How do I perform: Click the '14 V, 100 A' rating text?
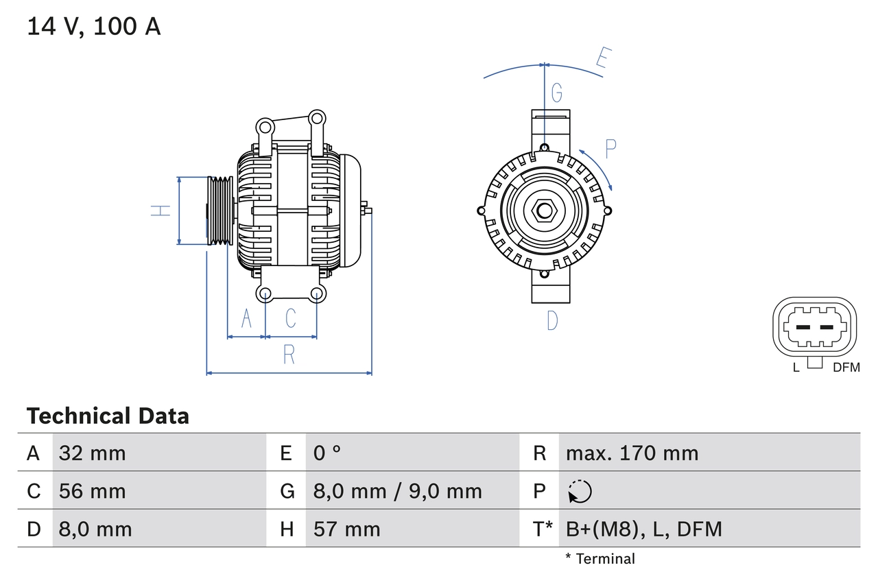pos(94,27)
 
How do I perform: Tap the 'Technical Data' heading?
pos(108,416)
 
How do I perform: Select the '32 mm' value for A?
pos(93,453)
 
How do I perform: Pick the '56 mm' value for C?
pos(93,491)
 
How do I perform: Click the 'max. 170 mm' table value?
pos(632,453)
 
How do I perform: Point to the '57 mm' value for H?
pos(346,529)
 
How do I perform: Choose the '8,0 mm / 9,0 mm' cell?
pos(397,491)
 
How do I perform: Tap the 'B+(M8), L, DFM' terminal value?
pos(643,529)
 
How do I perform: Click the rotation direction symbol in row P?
pos(580,492)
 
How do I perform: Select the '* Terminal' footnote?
pos(600,559)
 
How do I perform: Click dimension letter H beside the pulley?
pos(161,211)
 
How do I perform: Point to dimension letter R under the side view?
pos(289,355)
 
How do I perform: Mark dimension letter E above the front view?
pos(602,59)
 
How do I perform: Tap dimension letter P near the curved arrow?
pos(610,148)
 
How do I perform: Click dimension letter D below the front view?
pos(552,320)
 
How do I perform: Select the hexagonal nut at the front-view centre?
pos(545,210)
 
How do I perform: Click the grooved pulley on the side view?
pos(220,211)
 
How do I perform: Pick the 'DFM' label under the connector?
pos(846,368)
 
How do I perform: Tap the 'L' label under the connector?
pos(796,368)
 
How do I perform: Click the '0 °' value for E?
pos(327,453)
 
